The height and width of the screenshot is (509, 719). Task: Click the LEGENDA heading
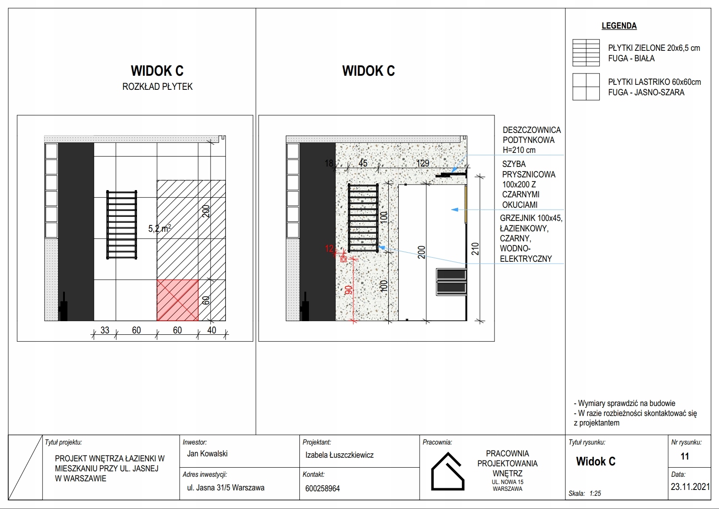[x=619, y=26]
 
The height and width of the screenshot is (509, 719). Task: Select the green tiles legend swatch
[x=586, y=53]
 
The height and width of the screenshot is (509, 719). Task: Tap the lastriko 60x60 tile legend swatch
[x=586, y=87]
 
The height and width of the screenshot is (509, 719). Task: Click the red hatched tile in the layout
[x=177, y=300]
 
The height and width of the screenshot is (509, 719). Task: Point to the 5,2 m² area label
[x=159, y=229]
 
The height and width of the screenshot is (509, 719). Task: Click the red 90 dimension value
[x=349, y=290]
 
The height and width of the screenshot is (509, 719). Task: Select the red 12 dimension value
[x=329, y=249]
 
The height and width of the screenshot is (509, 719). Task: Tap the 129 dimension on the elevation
[x=422, y=163]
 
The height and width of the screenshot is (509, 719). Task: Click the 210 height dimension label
[x=475, y=249]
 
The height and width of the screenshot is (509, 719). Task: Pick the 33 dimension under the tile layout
[x=105, y=330]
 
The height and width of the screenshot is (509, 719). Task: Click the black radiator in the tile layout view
[x=122, y=224]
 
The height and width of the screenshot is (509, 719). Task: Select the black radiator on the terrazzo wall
[x=363, y=217]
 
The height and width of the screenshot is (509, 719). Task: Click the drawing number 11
[x=685, y=456]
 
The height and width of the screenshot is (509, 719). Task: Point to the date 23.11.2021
[x=690, y=487]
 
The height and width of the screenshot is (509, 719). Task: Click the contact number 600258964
[x=323, y=489]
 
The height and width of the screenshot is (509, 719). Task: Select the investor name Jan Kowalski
[x=207, y=454]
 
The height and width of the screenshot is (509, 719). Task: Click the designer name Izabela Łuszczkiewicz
[x=339, y=455]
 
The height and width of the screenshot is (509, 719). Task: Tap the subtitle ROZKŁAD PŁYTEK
[x=157, y=87]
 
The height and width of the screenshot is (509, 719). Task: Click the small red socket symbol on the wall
[x=343, y=259]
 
